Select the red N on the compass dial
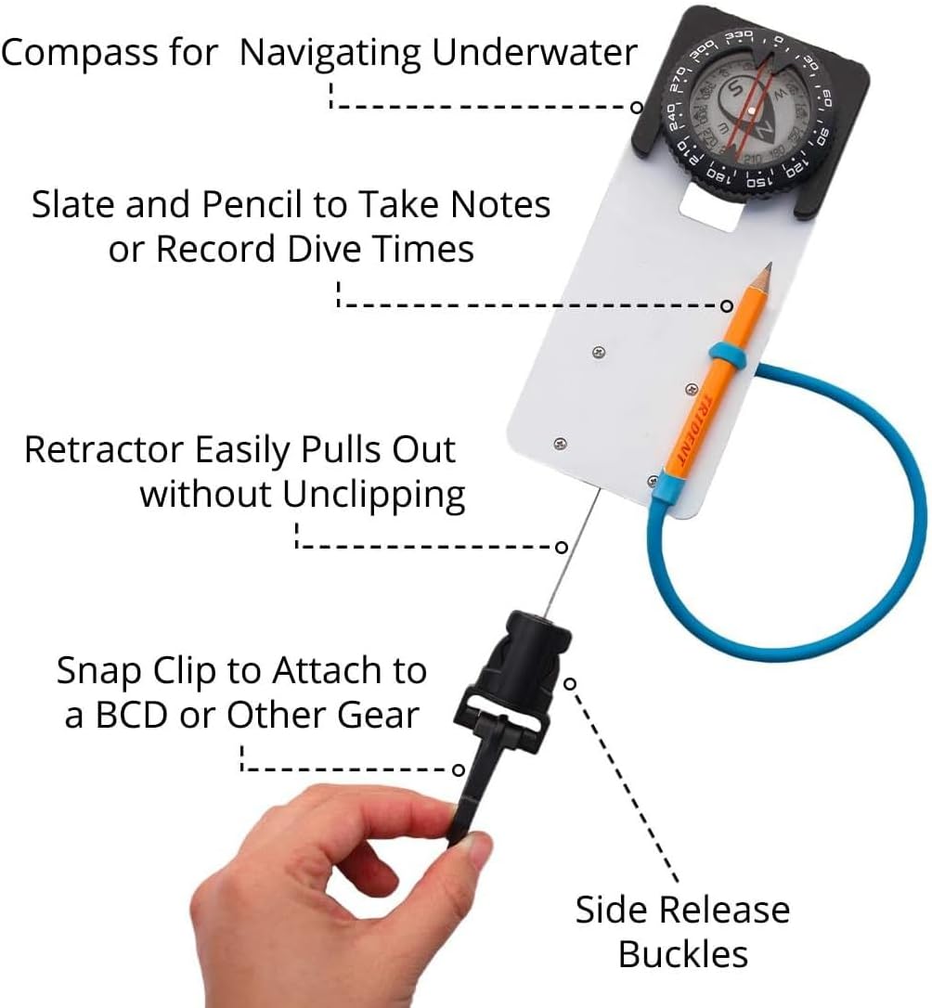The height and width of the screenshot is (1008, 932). (765, 132)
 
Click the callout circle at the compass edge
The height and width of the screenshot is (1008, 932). (636, 108)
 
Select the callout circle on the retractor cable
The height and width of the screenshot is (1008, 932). (561, 547)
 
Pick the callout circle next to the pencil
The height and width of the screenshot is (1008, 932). (727, 306)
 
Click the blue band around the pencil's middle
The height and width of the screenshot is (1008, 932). (727, 355)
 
